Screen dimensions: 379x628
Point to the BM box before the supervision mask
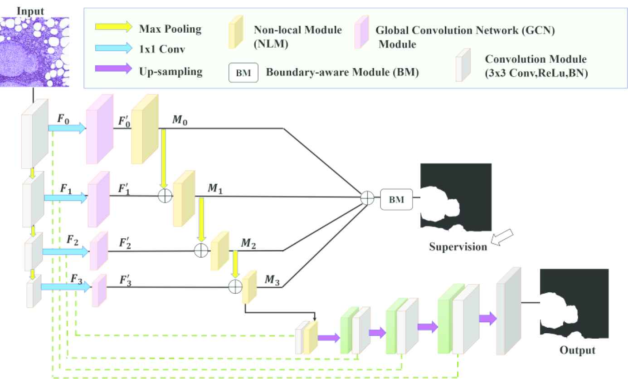(396, 198)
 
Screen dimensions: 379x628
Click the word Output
(577, 350)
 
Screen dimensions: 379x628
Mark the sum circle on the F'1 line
(164, 196)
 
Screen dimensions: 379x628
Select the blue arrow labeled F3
(66, 287)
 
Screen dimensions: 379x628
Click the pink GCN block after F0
(99, 129)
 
